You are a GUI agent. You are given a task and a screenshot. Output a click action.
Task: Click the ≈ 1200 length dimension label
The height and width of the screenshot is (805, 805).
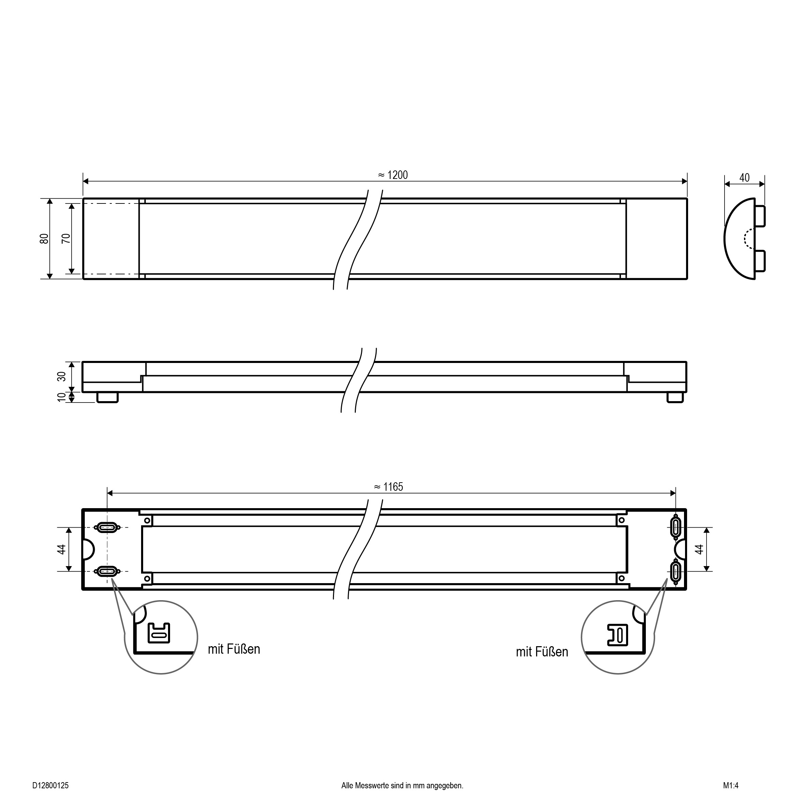[x=393, y=175]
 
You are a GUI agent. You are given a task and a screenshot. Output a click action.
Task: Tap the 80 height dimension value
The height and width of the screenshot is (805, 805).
[x=44, y=239]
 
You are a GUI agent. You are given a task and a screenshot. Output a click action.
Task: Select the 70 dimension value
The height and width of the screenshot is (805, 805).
[x=66, y=239]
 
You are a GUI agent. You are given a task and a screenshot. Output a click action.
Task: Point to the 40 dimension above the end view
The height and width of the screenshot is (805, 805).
[x=744, y=178]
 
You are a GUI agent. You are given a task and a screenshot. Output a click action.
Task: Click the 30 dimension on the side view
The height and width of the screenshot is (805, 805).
[x=61, y=376]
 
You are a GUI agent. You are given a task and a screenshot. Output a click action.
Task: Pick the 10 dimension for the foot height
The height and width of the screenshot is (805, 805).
[x=61, y=397]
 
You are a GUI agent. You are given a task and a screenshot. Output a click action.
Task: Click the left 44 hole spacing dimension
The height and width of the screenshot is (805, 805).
[x=61, y=549]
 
